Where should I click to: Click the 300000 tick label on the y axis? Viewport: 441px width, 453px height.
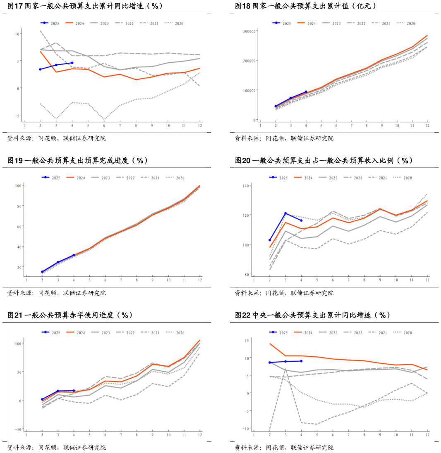(x=248, y=31)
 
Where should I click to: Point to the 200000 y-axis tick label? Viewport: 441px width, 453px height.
(x=248, y=61)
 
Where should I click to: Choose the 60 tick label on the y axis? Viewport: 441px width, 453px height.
(x=19, y=226)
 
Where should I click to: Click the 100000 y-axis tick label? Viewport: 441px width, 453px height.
(x=248, y=90)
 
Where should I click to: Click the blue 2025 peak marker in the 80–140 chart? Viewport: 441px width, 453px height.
(x=285, y=213)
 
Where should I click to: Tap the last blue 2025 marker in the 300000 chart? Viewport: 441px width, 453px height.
(x=306, y=92)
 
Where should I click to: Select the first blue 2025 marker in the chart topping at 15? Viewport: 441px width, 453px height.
(x=270, y=363)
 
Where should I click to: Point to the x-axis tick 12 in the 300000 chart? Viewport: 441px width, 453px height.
(x=427, y=126)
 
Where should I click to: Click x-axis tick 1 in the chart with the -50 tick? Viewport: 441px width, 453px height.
(x=26, y=434)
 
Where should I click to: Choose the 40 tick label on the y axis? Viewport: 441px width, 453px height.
(x=19, y=247)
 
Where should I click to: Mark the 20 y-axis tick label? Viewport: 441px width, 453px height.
(x=19, y=267)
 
